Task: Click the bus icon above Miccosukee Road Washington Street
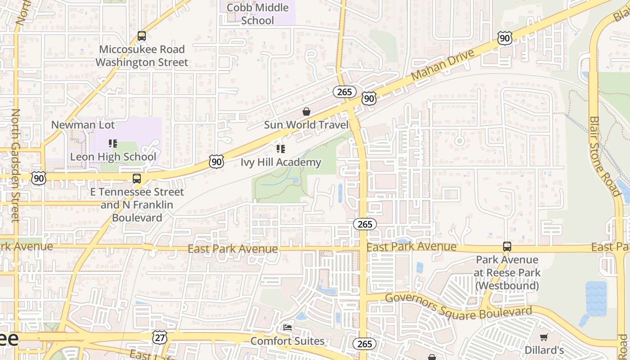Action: (x=142, y=36)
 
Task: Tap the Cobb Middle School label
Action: (x=257, y=14)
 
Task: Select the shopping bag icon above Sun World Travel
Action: (x=306, y=112)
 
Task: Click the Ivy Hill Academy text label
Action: (x=281, y=162)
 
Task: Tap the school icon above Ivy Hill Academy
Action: (x=281, y=149)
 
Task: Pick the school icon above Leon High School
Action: (x=113, y=144)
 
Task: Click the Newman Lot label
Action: (x=83, y=125)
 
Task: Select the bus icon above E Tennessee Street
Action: (x=137, y=179)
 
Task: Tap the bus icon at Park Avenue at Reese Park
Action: (x=507, y=247)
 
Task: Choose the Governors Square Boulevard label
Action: (x=459, y=306)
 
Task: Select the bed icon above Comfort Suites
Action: (x=288, y=328)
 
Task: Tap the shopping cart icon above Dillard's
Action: (x=544, y=337)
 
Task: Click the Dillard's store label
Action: (x=544, y=350)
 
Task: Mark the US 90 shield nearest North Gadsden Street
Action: (x=39, y=178)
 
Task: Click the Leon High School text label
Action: (x=113, y=157)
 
